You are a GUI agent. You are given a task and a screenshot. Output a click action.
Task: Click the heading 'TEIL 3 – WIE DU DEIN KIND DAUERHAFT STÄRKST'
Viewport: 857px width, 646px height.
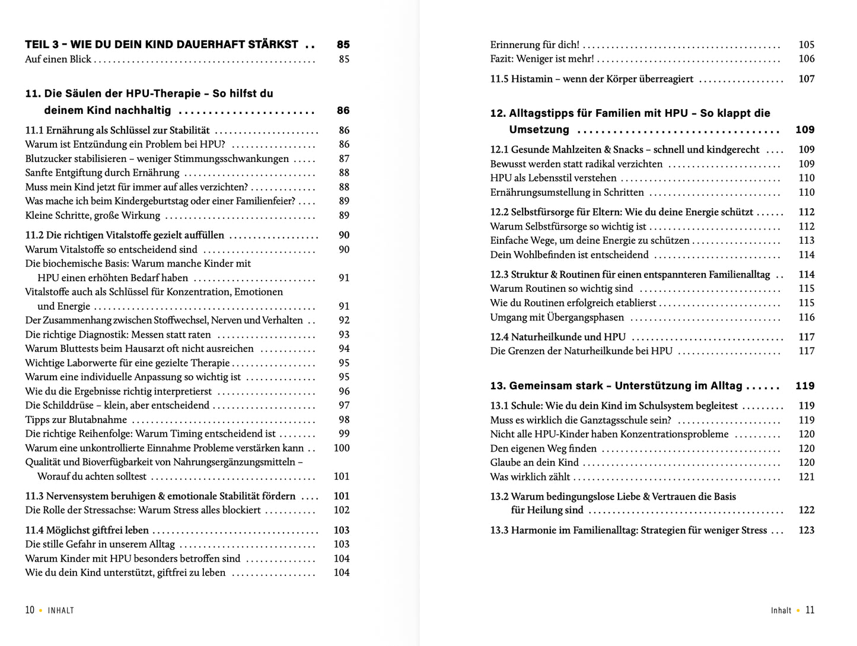[161, 44]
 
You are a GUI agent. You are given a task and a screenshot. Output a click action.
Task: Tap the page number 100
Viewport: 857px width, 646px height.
[342, 448]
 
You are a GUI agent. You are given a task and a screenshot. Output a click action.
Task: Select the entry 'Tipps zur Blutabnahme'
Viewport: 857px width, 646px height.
[76, 420]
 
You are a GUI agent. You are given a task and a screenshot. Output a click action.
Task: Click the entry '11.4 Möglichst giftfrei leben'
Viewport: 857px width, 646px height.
[87, 530]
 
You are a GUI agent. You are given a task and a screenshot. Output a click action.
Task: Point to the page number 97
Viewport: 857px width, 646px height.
[344, 406]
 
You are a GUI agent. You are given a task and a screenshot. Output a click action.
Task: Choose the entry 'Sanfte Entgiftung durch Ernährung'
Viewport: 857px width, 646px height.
[102, 173]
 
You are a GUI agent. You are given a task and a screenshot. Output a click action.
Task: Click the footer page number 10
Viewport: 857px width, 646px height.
[30, 610]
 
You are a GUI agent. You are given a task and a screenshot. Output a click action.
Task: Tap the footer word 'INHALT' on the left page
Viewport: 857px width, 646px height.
[61, 610]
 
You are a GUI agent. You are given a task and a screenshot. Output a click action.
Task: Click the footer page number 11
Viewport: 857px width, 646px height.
[810, 610]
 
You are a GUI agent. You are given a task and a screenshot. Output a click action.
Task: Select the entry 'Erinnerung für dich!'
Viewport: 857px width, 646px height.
[534, 45]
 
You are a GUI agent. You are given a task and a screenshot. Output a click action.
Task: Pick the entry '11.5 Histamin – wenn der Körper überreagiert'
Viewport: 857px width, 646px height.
[591, 79]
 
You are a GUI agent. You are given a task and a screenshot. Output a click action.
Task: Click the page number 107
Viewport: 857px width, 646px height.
[807, 79]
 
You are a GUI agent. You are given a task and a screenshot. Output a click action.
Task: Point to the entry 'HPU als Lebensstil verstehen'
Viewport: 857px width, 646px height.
[553, 178]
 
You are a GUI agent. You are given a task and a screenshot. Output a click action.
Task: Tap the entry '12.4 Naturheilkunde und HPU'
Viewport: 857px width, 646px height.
[557, 337]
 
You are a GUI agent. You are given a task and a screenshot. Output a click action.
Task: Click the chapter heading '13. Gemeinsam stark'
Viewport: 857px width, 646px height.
[616, 386]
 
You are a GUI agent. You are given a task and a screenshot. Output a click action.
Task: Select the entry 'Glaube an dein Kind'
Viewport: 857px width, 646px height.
[534, 463]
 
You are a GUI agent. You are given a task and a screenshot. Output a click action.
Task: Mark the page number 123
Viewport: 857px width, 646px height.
[807, 530]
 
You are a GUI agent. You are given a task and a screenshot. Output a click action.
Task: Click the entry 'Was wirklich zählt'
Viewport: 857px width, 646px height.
[530, 477]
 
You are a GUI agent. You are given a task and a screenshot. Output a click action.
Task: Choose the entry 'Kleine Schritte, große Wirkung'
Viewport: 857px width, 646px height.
[93, 216]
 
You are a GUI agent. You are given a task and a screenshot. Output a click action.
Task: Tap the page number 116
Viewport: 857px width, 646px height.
[807, 317]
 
